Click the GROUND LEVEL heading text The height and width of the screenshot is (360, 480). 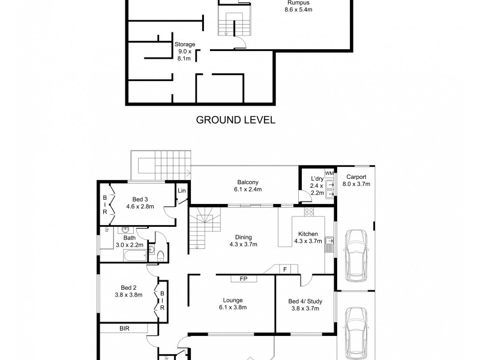236,120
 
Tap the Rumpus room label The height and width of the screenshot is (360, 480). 298,6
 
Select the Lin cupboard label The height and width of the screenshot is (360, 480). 182,191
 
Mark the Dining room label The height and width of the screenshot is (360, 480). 244,241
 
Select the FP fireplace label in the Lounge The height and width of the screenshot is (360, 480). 244,279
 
